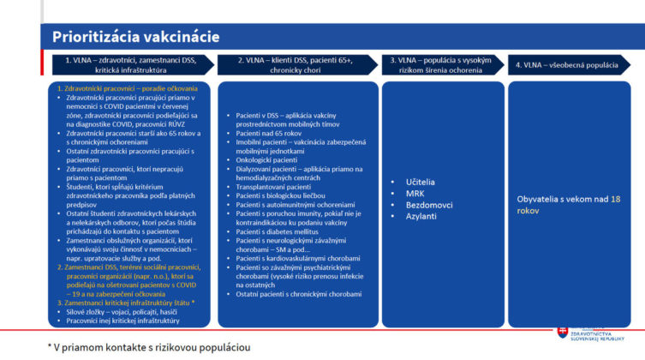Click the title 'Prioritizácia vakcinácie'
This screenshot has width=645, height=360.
pos(136,37)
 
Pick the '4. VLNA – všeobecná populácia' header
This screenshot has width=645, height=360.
pos(571,65)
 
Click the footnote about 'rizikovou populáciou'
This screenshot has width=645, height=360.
pos(151,347)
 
